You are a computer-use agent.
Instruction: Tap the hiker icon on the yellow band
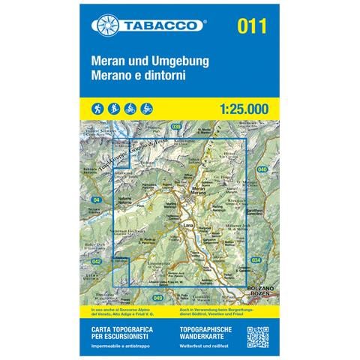point(97,108)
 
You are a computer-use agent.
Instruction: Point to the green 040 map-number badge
point(262,170)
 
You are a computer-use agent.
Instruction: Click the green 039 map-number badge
point(175,127)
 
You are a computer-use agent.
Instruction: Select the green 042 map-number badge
point(96,261)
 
